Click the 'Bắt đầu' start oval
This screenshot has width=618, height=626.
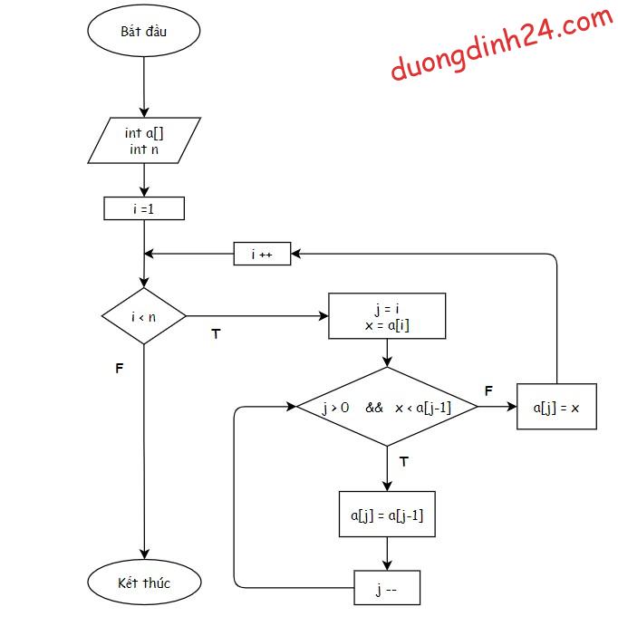[x=144, y=31]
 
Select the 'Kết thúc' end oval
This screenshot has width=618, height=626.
[x=144, y=582]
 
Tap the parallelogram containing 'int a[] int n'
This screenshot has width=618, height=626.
[x=144, y=140]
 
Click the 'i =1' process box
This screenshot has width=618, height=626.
[x=144, y=208]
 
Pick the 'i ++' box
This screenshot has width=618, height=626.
[x=262, y=255]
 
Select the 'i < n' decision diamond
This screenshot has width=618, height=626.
[x=144, y=316]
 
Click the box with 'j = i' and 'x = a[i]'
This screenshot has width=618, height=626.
[x=387, y=315]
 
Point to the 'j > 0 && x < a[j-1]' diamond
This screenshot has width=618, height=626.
[x=387, y=407]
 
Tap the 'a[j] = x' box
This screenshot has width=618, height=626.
[x=556, y=407]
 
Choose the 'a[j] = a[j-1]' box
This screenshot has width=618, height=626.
[x=387, y=515]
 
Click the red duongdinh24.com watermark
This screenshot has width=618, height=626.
[x=501, y=43]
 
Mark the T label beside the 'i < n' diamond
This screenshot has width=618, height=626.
[x=216, y=334]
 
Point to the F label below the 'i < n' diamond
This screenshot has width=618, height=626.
[x=119, y=370]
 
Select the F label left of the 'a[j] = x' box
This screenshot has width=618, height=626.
[x=488, y=390]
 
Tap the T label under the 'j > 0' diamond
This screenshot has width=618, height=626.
[x=403, y=461]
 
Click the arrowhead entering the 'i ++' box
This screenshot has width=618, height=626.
[x=296, y=255]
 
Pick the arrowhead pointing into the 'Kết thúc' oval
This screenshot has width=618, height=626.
[x=144, y=554]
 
